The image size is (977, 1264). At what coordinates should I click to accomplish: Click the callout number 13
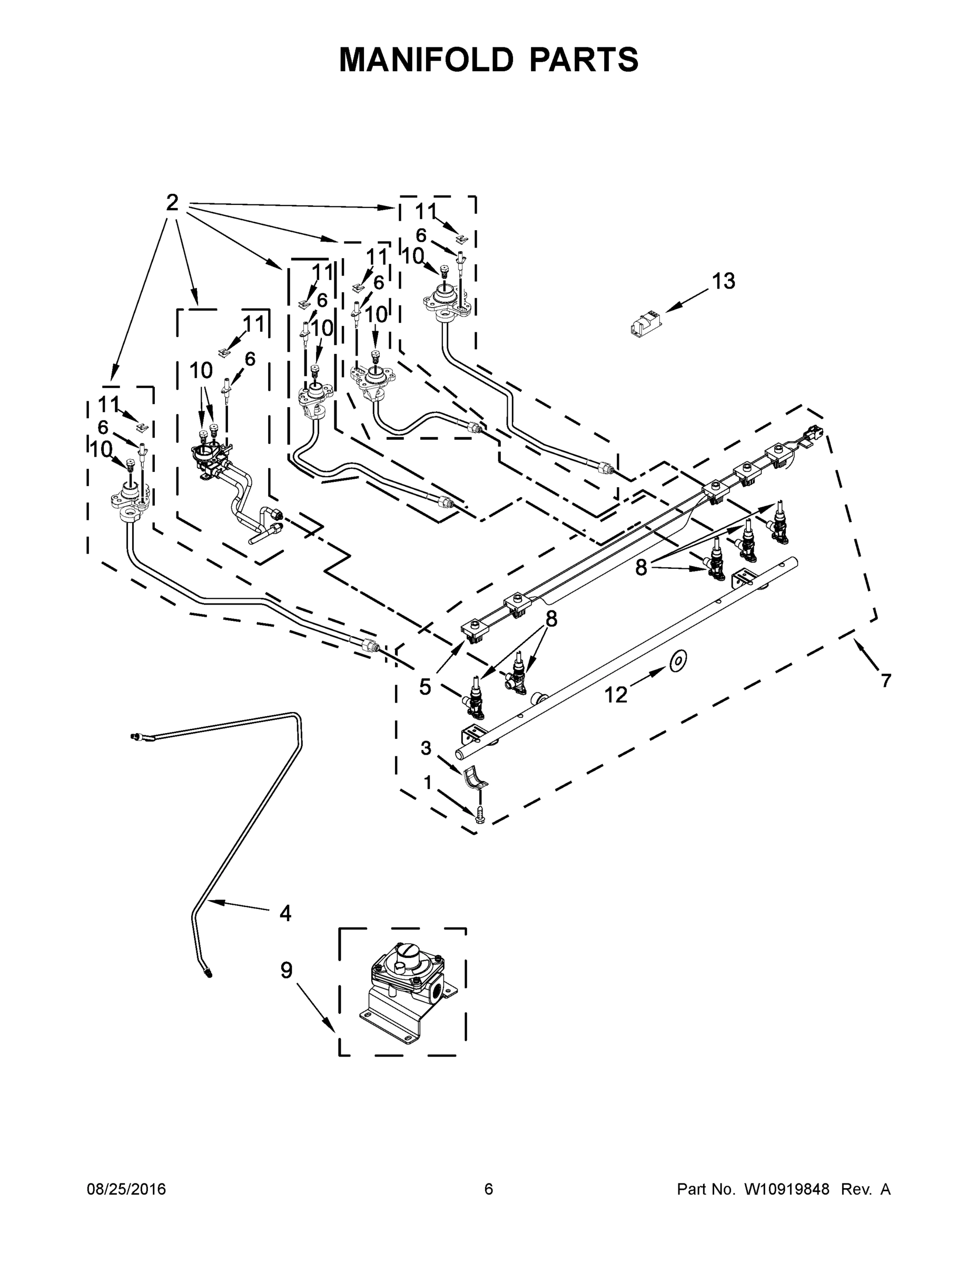[723, 281]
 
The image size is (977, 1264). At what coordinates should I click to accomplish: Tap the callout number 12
[616, 695]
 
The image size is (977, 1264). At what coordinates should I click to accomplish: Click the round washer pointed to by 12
[678, 661]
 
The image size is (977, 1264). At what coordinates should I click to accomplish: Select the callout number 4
[285, 913]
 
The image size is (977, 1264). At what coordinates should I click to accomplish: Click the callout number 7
[886, 680]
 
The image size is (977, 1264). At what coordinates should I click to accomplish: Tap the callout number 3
[426, 748]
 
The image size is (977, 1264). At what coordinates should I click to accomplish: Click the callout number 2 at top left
[172, 203]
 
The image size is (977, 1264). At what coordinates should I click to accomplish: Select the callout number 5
[425, 687]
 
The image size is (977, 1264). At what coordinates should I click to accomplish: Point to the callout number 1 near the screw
[428, 783]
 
